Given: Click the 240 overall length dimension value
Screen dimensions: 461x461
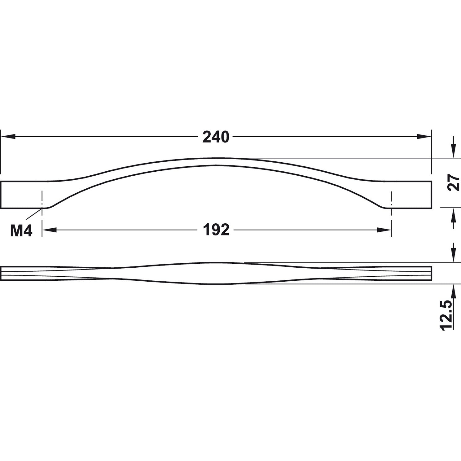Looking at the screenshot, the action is (216, 137).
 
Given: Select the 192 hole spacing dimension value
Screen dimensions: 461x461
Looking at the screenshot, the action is (216, 230).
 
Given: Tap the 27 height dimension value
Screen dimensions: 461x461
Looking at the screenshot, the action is (454, 182).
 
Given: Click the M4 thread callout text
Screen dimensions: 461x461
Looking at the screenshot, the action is (21, 231).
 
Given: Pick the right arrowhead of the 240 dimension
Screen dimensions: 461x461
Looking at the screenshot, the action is (424, 137).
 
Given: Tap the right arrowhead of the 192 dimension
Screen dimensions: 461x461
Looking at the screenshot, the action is (384, 230).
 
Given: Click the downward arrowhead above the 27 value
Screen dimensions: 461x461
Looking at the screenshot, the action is (454, 151).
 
